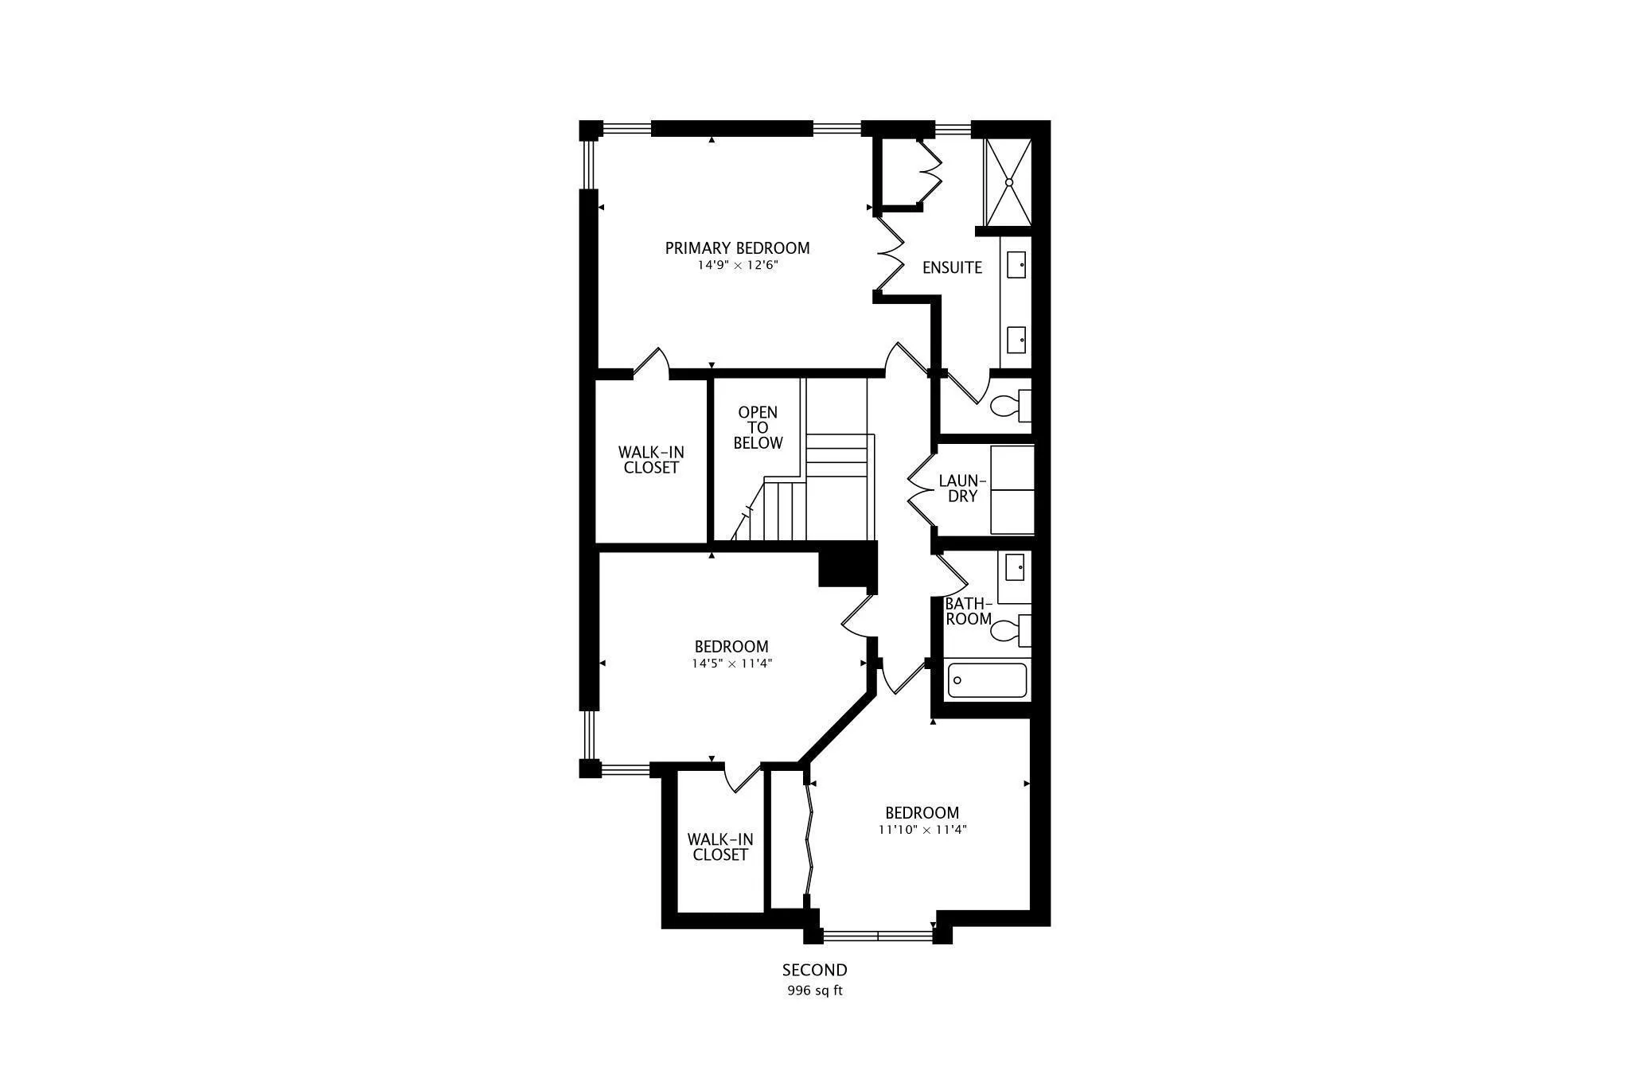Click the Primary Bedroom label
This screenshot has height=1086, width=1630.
(737, 248)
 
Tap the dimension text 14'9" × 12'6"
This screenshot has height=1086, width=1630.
(737, 266)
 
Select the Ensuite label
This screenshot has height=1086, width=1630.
(952, 268)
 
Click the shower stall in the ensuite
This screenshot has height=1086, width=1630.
(1008, 182)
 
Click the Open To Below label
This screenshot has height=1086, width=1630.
(758, 428)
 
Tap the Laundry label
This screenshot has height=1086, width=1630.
(962, 489)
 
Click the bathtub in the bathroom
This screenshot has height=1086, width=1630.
(987, 680)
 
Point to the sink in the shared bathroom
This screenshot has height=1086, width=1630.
(1015, 568)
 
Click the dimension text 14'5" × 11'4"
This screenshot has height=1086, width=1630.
(731, 664)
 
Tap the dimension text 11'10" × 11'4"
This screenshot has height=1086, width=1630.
(922, 830)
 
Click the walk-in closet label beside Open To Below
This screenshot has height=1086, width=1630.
(651, 460)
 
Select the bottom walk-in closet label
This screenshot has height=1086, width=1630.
(719, 847)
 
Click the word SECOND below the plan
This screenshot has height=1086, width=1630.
(814, 971)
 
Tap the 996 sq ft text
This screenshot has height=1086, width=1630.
(814, 991)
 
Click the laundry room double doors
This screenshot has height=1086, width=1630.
(922, 489)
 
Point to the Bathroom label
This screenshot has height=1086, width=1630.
(968, 612)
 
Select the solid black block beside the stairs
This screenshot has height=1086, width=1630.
(847, 565)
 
